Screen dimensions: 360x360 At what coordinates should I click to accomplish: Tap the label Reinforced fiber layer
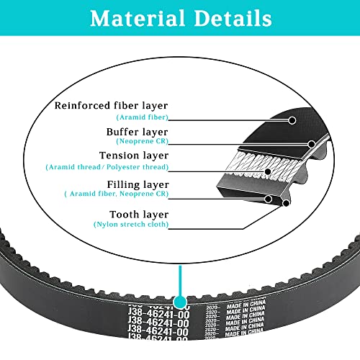click(112, 105)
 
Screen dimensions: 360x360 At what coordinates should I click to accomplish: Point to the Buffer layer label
click(137, 132)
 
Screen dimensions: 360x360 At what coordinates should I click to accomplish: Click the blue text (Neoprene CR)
click(142, 143)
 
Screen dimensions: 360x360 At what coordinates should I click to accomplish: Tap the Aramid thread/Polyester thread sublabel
click(109, 166)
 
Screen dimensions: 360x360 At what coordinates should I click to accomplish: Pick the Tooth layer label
click(139, 214)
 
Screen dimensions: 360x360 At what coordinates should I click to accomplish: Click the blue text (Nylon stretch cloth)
click(132, 225)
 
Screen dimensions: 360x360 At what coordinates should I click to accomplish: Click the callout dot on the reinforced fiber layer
click(292, 120)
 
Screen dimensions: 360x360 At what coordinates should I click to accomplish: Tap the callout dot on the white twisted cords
click(268, 172)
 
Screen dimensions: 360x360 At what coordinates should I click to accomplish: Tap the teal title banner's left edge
click(3, 19)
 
